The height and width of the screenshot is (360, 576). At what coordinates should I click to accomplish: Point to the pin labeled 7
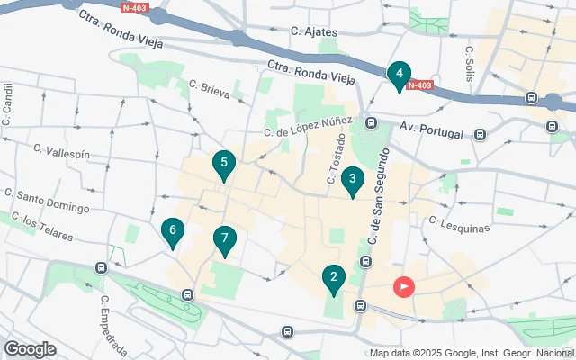[x=225, y=240]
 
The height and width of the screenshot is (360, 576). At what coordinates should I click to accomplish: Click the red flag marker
[x=404, y=288]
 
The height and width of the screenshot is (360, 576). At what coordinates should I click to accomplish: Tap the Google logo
[x=30, y=349]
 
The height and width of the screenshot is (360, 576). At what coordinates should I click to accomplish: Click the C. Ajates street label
[x=314, y=32]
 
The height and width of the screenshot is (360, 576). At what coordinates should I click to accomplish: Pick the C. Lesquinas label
[x=460, y=223]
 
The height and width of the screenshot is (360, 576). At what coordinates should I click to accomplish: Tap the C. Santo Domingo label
[x=47, y=200]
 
